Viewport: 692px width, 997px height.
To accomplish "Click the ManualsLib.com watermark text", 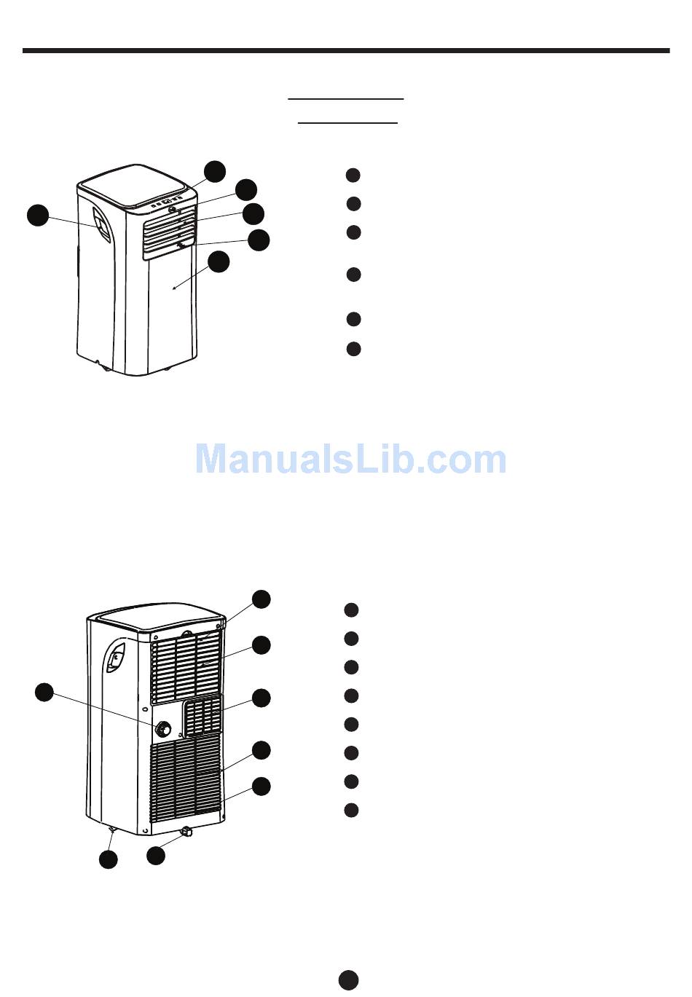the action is [350, 460].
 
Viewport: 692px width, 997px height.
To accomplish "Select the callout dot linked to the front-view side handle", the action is [38, 216].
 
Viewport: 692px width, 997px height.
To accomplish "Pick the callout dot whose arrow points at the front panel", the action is [219, 261].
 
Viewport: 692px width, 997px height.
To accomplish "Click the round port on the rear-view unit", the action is [164, 728].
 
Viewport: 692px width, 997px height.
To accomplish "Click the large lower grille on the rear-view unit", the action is [186, 776].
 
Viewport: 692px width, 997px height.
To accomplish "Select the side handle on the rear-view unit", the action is [114, 660].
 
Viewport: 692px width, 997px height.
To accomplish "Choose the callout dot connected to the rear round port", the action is [44, 693].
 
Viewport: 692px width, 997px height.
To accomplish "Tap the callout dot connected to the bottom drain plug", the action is [155, 856].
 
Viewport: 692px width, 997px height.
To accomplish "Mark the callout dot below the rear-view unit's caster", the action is [108, 860].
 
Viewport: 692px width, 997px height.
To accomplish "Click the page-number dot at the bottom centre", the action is [348, 980].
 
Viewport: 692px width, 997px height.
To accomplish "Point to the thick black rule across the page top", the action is [346, 51].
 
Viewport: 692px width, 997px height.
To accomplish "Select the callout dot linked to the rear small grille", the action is [262, 698].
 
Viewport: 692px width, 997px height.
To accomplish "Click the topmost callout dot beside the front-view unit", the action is [214, 171].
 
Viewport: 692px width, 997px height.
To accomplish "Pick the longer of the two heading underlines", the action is [345, 98].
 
